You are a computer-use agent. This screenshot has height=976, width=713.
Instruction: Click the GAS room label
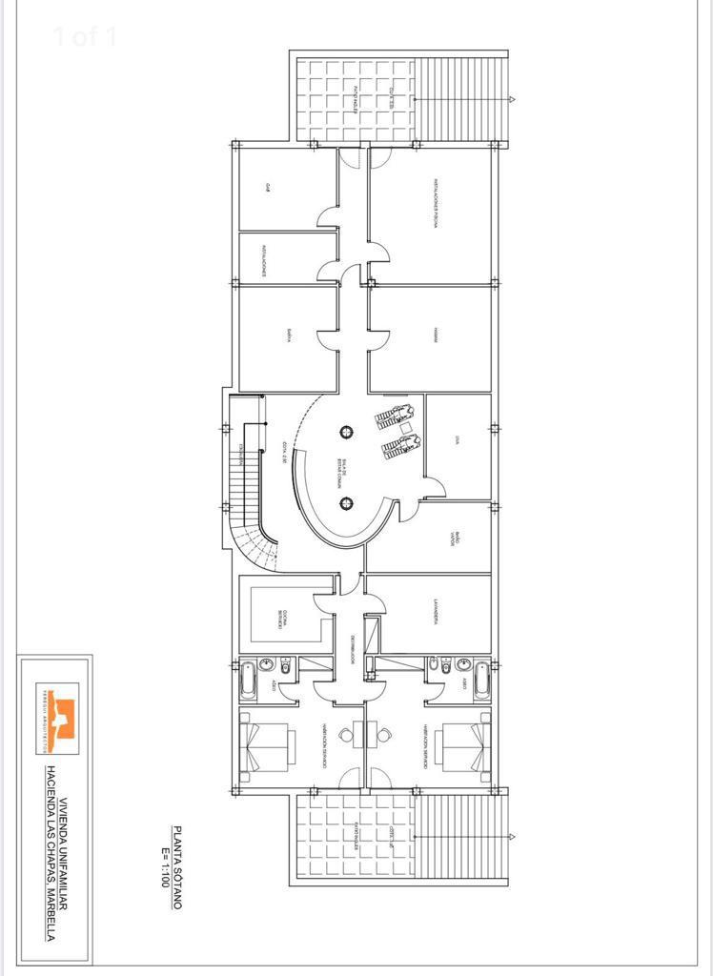click(271, 187)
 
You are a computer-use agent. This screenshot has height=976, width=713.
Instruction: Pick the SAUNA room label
click(285, 335)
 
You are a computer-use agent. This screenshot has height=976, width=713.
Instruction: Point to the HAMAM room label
click(435, 335)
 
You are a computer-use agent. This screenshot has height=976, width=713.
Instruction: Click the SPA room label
click(458, 439)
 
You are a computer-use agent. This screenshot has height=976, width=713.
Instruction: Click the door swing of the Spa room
click(435, 487)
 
